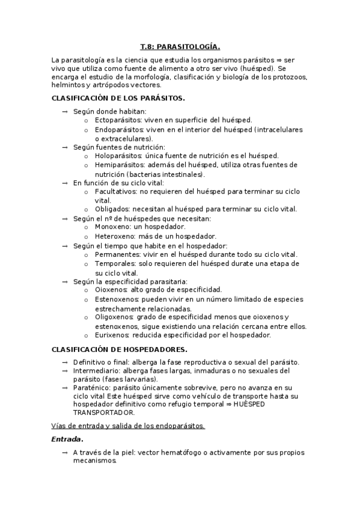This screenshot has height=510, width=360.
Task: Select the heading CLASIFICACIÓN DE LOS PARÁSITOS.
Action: point(118,97)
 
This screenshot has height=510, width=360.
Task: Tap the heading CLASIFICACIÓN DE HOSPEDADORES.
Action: point(120,349)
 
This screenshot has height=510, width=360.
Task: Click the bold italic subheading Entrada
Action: point(66,439)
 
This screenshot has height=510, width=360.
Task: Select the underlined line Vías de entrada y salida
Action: point(128,426)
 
